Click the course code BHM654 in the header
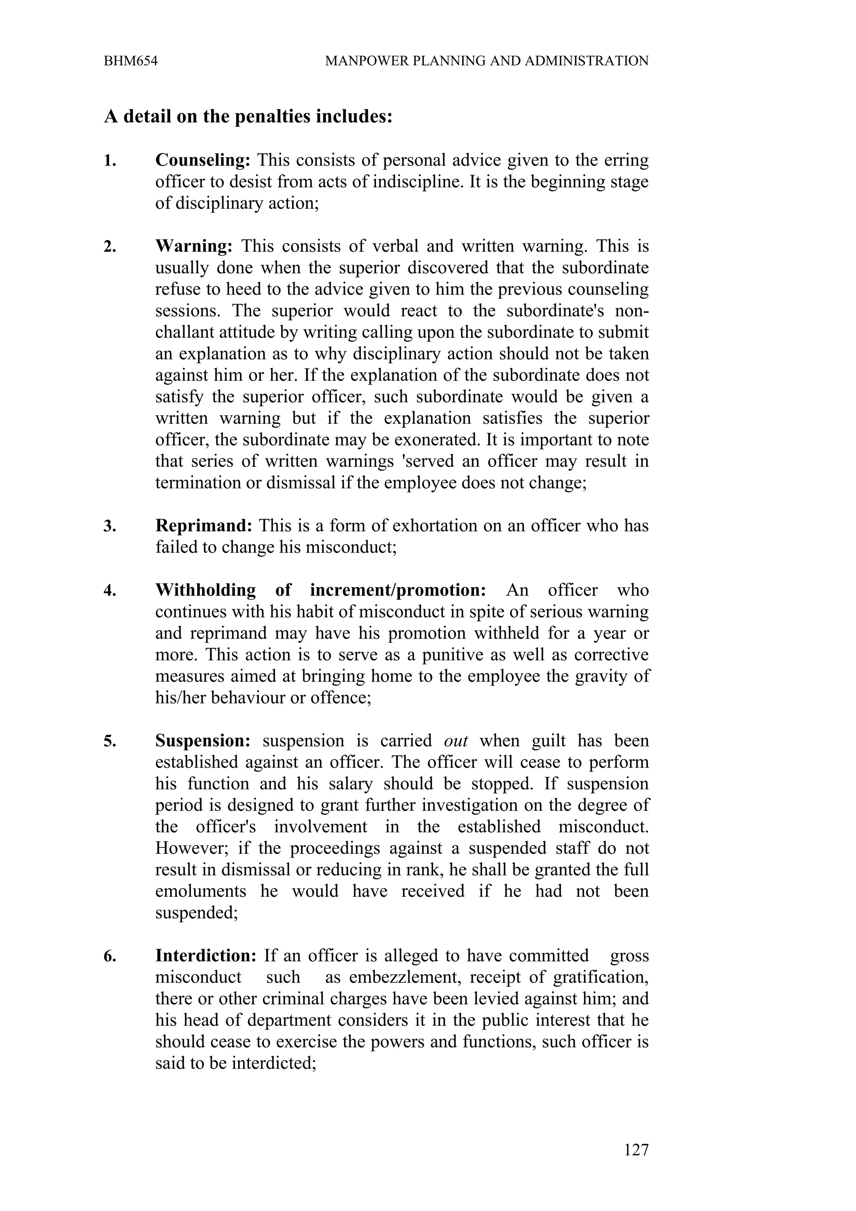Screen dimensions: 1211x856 pos(130,61)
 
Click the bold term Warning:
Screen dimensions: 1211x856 pos(194,246)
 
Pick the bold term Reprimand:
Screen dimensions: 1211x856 pos(204,526)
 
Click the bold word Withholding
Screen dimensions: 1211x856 pos(206,590)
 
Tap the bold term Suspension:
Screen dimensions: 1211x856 pos(203,740)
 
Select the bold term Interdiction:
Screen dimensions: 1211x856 pos(206,955)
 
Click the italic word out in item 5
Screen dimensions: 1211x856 pos(456,740)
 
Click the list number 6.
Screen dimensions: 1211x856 pos(109,956)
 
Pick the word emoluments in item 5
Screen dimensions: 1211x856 pos(201,891)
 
